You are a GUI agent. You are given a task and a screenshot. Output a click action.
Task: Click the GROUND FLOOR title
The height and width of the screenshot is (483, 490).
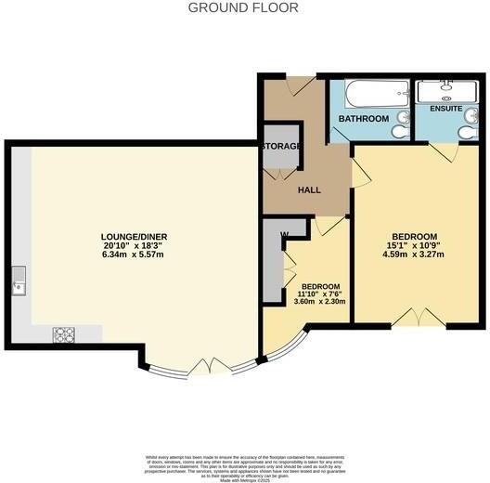click(x=243, y=7)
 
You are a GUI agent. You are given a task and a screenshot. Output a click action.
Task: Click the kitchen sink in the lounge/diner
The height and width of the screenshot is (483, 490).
click(x=19, y=284)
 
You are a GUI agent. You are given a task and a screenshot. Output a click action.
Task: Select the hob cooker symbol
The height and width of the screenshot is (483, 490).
click(x=64, y=334)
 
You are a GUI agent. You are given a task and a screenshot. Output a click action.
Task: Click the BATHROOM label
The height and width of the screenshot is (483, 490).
click(x=363, y=120)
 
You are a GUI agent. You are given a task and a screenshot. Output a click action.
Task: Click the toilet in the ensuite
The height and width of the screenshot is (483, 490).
click(x=469, y=132)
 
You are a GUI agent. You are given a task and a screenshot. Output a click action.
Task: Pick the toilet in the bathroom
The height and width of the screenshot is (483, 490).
click(x=400, y=132)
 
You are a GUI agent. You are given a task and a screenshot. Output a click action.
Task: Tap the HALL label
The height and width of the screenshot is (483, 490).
click(x=309, y=190)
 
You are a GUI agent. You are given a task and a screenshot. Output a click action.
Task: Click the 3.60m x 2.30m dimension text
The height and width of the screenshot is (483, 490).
click(x=320, y=300)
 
